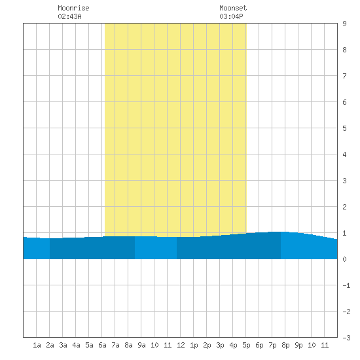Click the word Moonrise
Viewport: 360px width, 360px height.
click(73, 8)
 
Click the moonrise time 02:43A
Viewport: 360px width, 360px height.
click(69, 16)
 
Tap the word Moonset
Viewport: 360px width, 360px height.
click(233, 8)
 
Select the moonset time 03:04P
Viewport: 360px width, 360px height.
click(231, 16)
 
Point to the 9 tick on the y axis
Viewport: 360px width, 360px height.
click(344, 24)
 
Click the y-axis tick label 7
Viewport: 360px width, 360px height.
click(344, 76)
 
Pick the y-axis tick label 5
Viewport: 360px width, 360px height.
click(344, 128)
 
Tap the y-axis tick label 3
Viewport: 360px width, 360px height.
click(344, 181)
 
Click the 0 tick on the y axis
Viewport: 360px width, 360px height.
click(344, 259)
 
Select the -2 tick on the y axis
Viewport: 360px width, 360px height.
click(346, 312)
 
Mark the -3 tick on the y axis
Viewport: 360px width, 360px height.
click(346, 338)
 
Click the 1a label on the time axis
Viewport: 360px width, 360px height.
click(37, 345)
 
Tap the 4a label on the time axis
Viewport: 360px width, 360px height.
click(76, 345)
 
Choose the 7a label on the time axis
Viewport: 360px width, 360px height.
click(115, 345)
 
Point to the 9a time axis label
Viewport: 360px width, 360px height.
click(141, 345)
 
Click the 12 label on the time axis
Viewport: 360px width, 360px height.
click(181, 345)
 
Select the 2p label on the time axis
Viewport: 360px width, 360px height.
click(207, 345)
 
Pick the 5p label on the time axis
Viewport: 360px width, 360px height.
click(246, 345)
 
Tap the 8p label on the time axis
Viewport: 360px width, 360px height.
click(285, 345)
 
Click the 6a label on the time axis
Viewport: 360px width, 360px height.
click(102, 345)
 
